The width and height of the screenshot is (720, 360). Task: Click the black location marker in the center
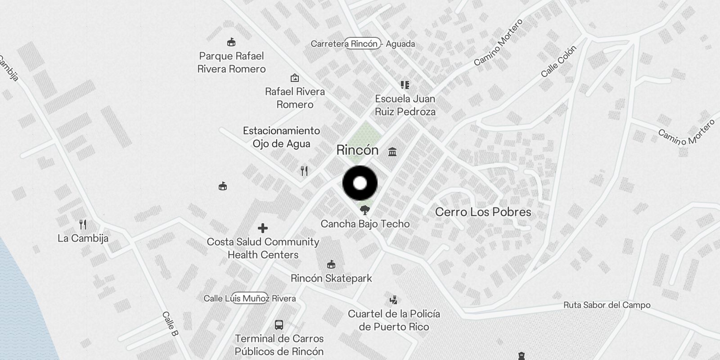point(360,183)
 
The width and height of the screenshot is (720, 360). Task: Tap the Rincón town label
point(357,150)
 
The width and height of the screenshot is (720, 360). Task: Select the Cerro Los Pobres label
point(483,212)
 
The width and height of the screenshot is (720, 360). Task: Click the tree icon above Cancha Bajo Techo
point(365,210)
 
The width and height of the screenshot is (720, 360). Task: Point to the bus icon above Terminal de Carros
point(279,325)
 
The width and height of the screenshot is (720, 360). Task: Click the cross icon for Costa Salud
point(263,229)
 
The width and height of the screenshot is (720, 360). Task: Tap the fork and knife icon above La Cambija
point(83,224)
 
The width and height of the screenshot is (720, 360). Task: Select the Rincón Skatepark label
point(331,278)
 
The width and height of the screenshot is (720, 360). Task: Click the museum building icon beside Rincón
point(392,152)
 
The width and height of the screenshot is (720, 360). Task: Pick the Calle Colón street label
point(558,62)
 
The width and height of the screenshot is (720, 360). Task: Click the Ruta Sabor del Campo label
point(607,305)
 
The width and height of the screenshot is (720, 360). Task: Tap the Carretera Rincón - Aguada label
point(363,44)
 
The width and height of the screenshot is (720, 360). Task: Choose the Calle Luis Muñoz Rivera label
point(249,298)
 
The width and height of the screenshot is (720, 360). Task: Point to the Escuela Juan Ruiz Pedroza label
point(405,105)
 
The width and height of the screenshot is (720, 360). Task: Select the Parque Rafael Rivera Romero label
point(231,63)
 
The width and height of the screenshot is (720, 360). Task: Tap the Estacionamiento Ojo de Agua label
point(281,137)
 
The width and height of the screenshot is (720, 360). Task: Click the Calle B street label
point(170,324)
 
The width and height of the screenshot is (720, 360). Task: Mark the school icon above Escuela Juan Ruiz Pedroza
point(405,85)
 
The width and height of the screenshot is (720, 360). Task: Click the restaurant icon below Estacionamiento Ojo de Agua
point(305,171)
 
